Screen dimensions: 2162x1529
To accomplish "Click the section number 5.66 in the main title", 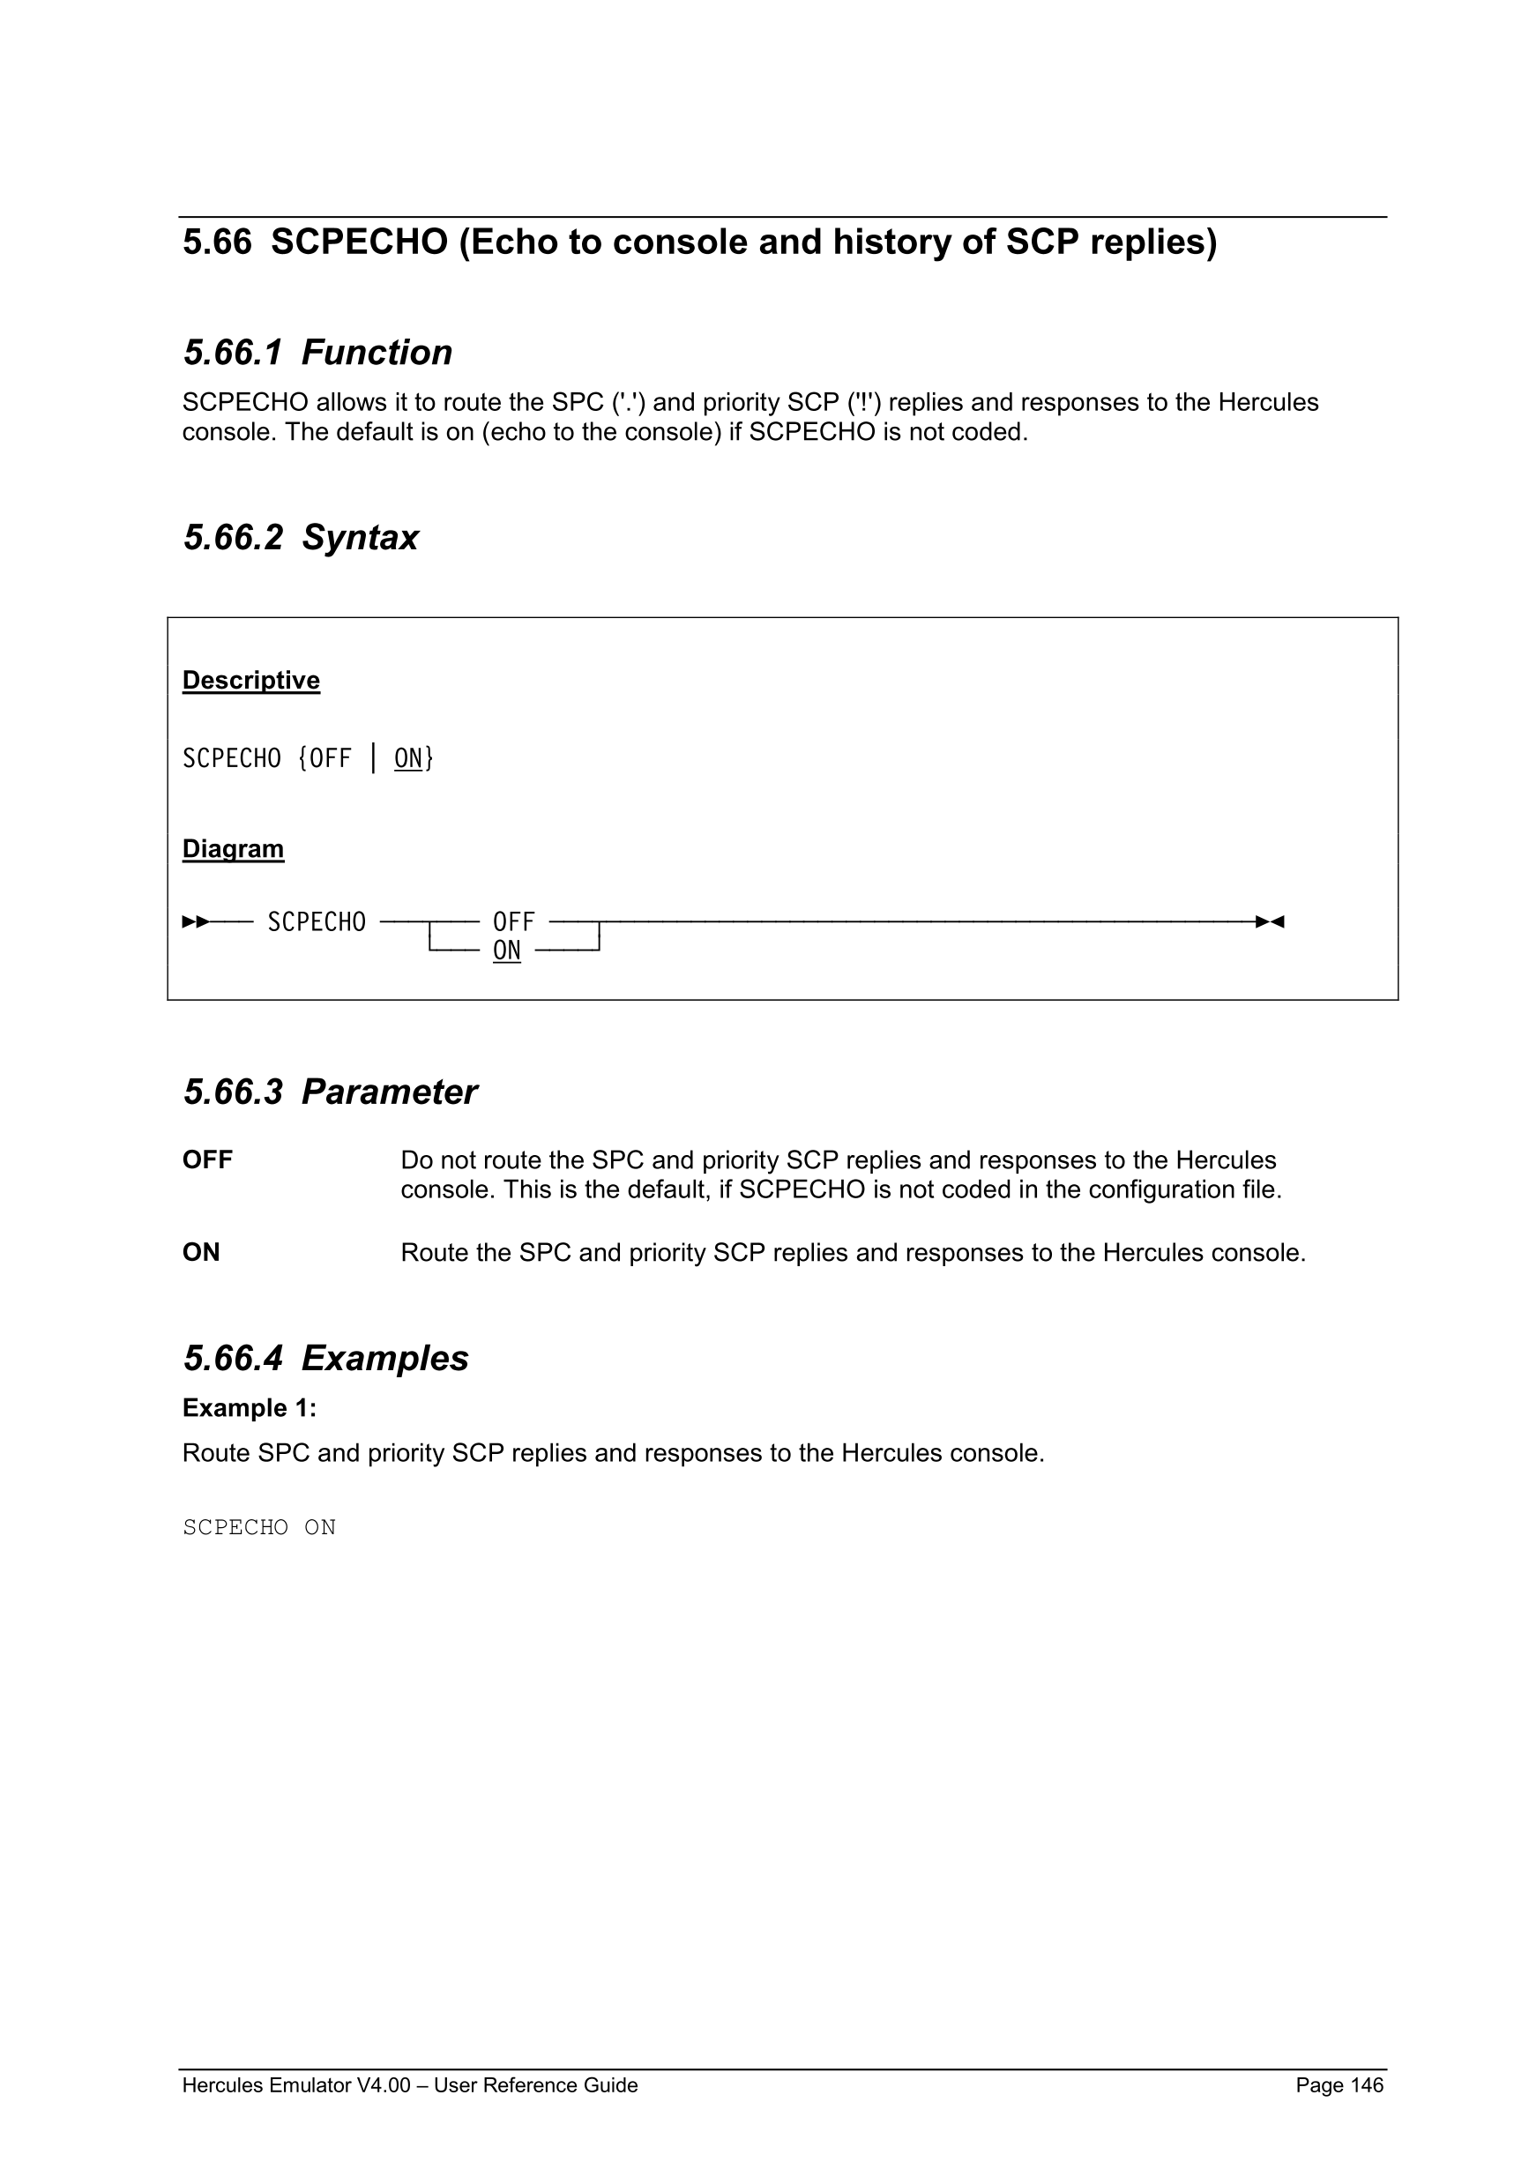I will (217, 243).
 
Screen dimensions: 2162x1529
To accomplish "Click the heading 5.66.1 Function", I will (317, 353).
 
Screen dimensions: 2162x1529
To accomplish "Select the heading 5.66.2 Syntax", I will (301, 538).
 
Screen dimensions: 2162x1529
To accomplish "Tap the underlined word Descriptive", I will (250, 680).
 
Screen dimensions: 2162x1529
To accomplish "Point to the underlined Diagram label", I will (233, 848).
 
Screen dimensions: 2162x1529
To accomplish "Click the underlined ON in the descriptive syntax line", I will (408, 758).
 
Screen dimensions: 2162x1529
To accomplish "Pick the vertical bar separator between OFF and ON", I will (374, 758).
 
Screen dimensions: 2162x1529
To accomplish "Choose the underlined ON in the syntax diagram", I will (506, 951).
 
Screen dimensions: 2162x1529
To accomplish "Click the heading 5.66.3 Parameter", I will (330, 1092).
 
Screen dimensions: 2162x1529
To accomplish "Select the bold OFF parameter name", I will (207, 1160).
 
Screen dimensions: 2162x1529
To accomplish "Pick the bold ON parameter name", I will (200, 1252).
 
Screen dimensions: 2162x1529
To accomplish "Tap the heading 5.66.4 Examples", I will (325, 1359).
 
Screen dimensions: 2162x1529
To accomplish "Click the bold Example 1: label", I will (250, 1408).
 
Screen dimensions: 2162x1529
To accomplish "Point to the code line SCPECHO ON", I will (259, 1527).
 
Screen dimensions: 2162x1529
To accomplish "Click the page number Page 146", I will (1339, 2085).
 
